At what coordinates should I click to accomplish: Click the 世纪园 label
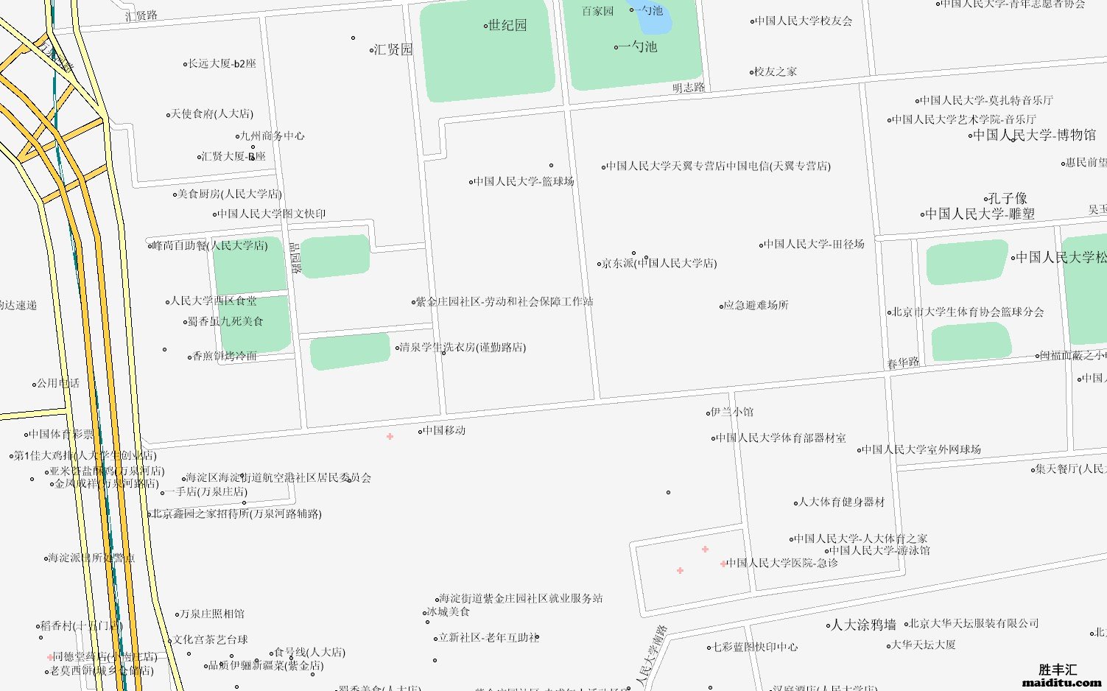tap(507, 26)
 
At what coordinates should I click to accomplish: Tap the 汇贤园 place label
tap(393, 50)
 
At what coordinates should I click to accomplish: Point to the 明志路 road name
tap(688, 88)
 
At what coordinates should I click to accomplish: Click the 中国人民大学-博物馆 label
tap(1034, 136)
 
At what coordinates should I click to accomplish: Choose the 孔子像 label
tap(1008, 198)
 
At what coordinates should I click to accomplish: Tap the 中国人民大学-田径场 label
tap(814, 244)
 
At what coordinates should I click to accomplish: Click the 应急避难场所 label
tap(756, 305)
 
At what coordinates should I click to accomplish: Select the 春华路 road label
tap(903, 363)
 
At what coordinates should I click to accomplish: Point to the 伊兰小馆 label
tap(731, 412)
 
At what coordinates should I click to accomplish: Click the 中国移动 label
tap(444, 430)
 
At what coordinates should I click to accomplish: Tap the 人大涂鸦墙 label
tap(863, 625)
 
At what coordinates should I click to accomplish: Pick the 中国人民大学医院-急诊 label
tap(782, 563)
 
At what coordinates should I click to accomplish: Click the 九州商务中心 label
tap(272, 136)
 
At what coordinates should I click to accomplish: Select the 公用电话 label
tap(57, 383)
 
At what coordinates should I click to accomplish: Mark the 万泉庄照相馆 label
tap(212, 614)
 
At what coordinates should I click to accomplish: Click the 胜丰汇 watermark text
tap(1058, 670)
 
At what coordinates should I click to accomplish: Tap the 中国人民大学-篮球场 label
tap(524, 181)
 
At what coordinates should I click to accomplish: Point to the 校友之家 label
tap(775, 71)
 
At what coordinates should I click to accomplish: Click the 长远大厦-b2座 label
tap(222, 64)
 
